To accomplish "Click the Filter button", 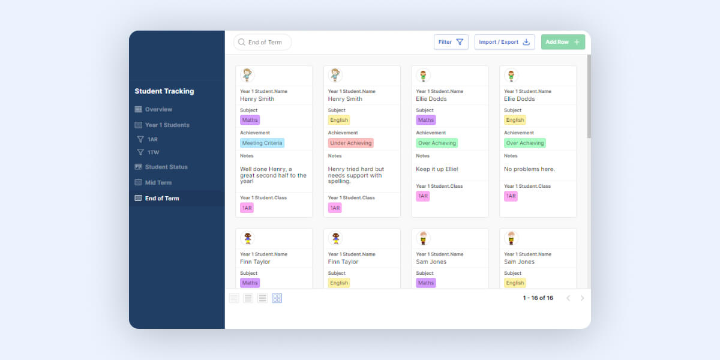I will pyautogui.click(x=451, y=42).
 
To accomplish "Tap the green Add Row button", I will pyautogui.click(x=562, y=42).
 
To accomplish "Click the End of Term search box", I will pyautogui.click(x=263, y=42).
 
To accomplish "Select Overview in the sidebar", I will pyautogui.click(x=158, y=109).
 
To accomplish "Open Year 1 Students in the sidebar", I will pyautogui.click(x=167, y=125).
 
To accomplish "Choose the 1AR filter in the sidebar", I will pyautogui.click(x=152, y=139).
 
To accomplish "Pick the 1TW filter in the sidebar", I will pyautogui.click(x=153, y=152).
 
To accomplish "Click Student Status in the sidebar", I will pyautogui.click(x=166, y=167).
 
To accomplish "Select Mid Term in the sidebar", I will pyautogui.click(x=158, y=182).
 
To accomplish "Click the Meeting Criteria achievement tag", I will pyautogui.click(x=262, y=143).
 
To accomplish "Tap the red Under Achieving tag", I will pyautogui.click(x=350, y=143).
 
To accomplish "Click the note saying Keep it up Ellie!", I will pyautogui.click(x=437, y=169).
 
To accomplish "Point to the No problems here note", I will pyautogui.click(x=529, y=169).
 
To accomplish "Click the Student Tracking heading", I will pyautogui.click(x=164, y=91).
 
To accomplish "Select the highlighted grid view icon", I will pyautogui.click(x=277, y=298).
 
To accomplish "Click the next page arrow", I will pyautogui.click(x=582, y=298).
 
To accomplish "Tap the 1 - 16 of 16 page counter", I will pyautogui.click(x=538, y=298).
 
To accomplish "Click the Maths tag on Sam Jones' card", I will pyautogui.click(x=426, y=283).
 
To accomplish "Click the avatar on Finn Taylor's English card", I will pyautogui.click(x=335, y=238).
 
